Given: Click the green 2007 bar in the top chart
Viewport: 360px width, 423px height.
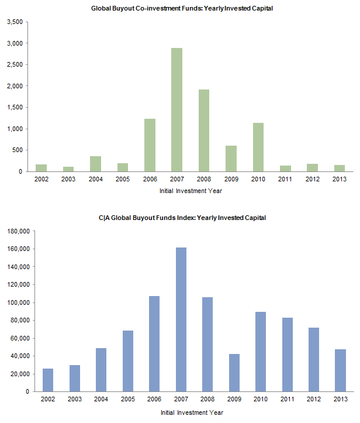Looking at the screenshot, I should tap(176, 109).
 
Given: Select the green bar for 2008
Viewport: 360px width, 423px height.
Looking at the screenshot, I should tap(203, 130).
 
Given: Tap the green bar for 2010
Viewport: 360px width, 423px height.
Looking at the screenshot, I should tap(257, 147).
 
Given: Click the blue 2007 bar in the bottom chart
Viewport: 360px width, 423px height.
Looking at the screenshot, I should tap(182, 319).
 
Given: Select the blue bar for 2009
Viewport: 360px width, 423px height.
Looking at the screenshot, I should tap(234, 373).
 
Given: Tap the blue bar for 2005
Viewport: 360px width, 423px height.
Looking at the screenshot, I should tap(128, 361).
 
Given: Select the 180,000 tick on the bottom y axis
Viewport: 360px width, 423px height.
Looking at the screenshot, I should tap(18, 231).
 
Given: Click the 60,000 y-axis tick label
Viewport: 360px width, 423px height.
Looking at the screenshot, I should tap(19, 338).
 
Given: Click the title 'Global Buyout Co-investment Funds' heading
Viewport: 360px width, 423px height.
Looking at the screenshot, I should tap(182, 9).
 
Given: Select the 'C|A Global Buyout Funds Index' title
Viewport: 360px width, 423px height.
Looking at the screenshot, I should tap(182, 218).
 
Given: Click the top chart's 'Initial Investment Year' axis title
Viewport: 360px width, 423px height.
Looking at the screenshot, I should tap(191, 191).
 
